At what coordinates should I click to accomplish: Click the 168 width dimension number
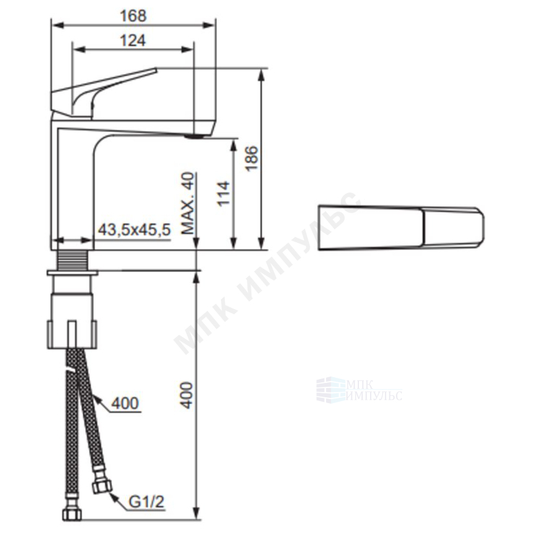[133, 16]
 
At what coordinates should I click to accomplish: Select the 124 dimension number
[133, 41]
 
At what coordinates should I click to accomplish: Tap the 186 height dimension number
[253, 158]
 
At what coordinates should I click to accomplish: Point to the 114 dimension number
[224, 194]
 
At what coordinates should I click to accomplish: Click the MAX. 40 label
[189, 203]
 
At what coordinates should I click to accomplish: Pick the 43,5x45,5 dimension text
[134, 229]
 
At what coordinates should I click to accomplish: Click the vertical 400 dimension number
[187, 395]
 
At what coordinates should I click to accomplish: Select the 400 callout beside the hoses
[124, 403]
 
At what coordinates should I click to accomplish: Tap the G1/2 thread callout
[146, 502]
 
